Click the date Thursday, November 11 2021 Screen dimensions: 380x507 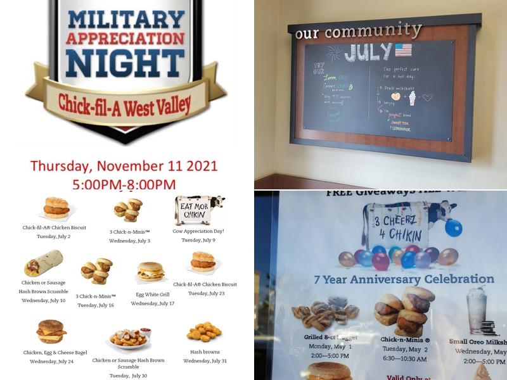[x=124, y=167]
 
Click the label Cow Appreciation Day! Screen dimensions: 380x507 [x=198, y=231]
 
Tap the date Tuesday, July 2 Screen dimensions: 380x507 [x=54, y=236]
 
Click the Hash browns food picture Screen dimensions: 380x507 [x=204, y=332]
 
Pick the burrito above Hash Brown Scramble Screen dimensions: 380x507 [x=43, y=263]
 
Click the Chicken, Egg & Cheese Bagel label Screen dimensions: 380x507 [x=55, y=353]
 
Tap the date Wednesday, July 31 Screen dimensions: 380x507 [x=205, y=361]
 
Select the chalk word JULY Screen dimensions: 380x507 [x=368, y=52]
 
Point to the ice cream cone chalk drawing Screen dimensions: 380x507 [x=412, y=98]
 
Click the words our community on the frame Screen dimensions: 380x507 [x=358, y=30]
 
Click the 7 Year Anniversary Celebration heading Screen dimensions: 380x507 [x=404, y=279]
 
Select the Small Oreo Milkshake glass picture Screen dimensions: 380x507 [x=477, y=310]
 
